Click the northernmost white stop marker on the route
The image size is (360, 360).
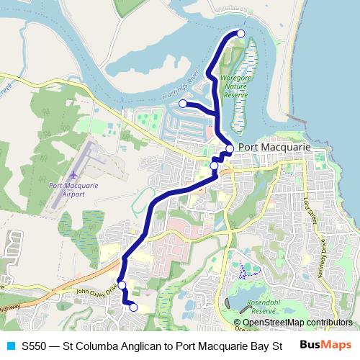[x=240, y=34]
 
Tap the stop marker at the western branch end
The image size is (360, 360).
[x=183, y=104]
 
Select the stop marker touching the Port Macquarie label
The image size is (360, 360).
[x=230, y=149]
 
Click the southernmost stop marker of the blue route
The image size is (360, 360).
[x=133, y=307]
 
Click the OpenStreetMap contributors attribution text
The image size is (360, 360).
[x=297, y=323]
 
